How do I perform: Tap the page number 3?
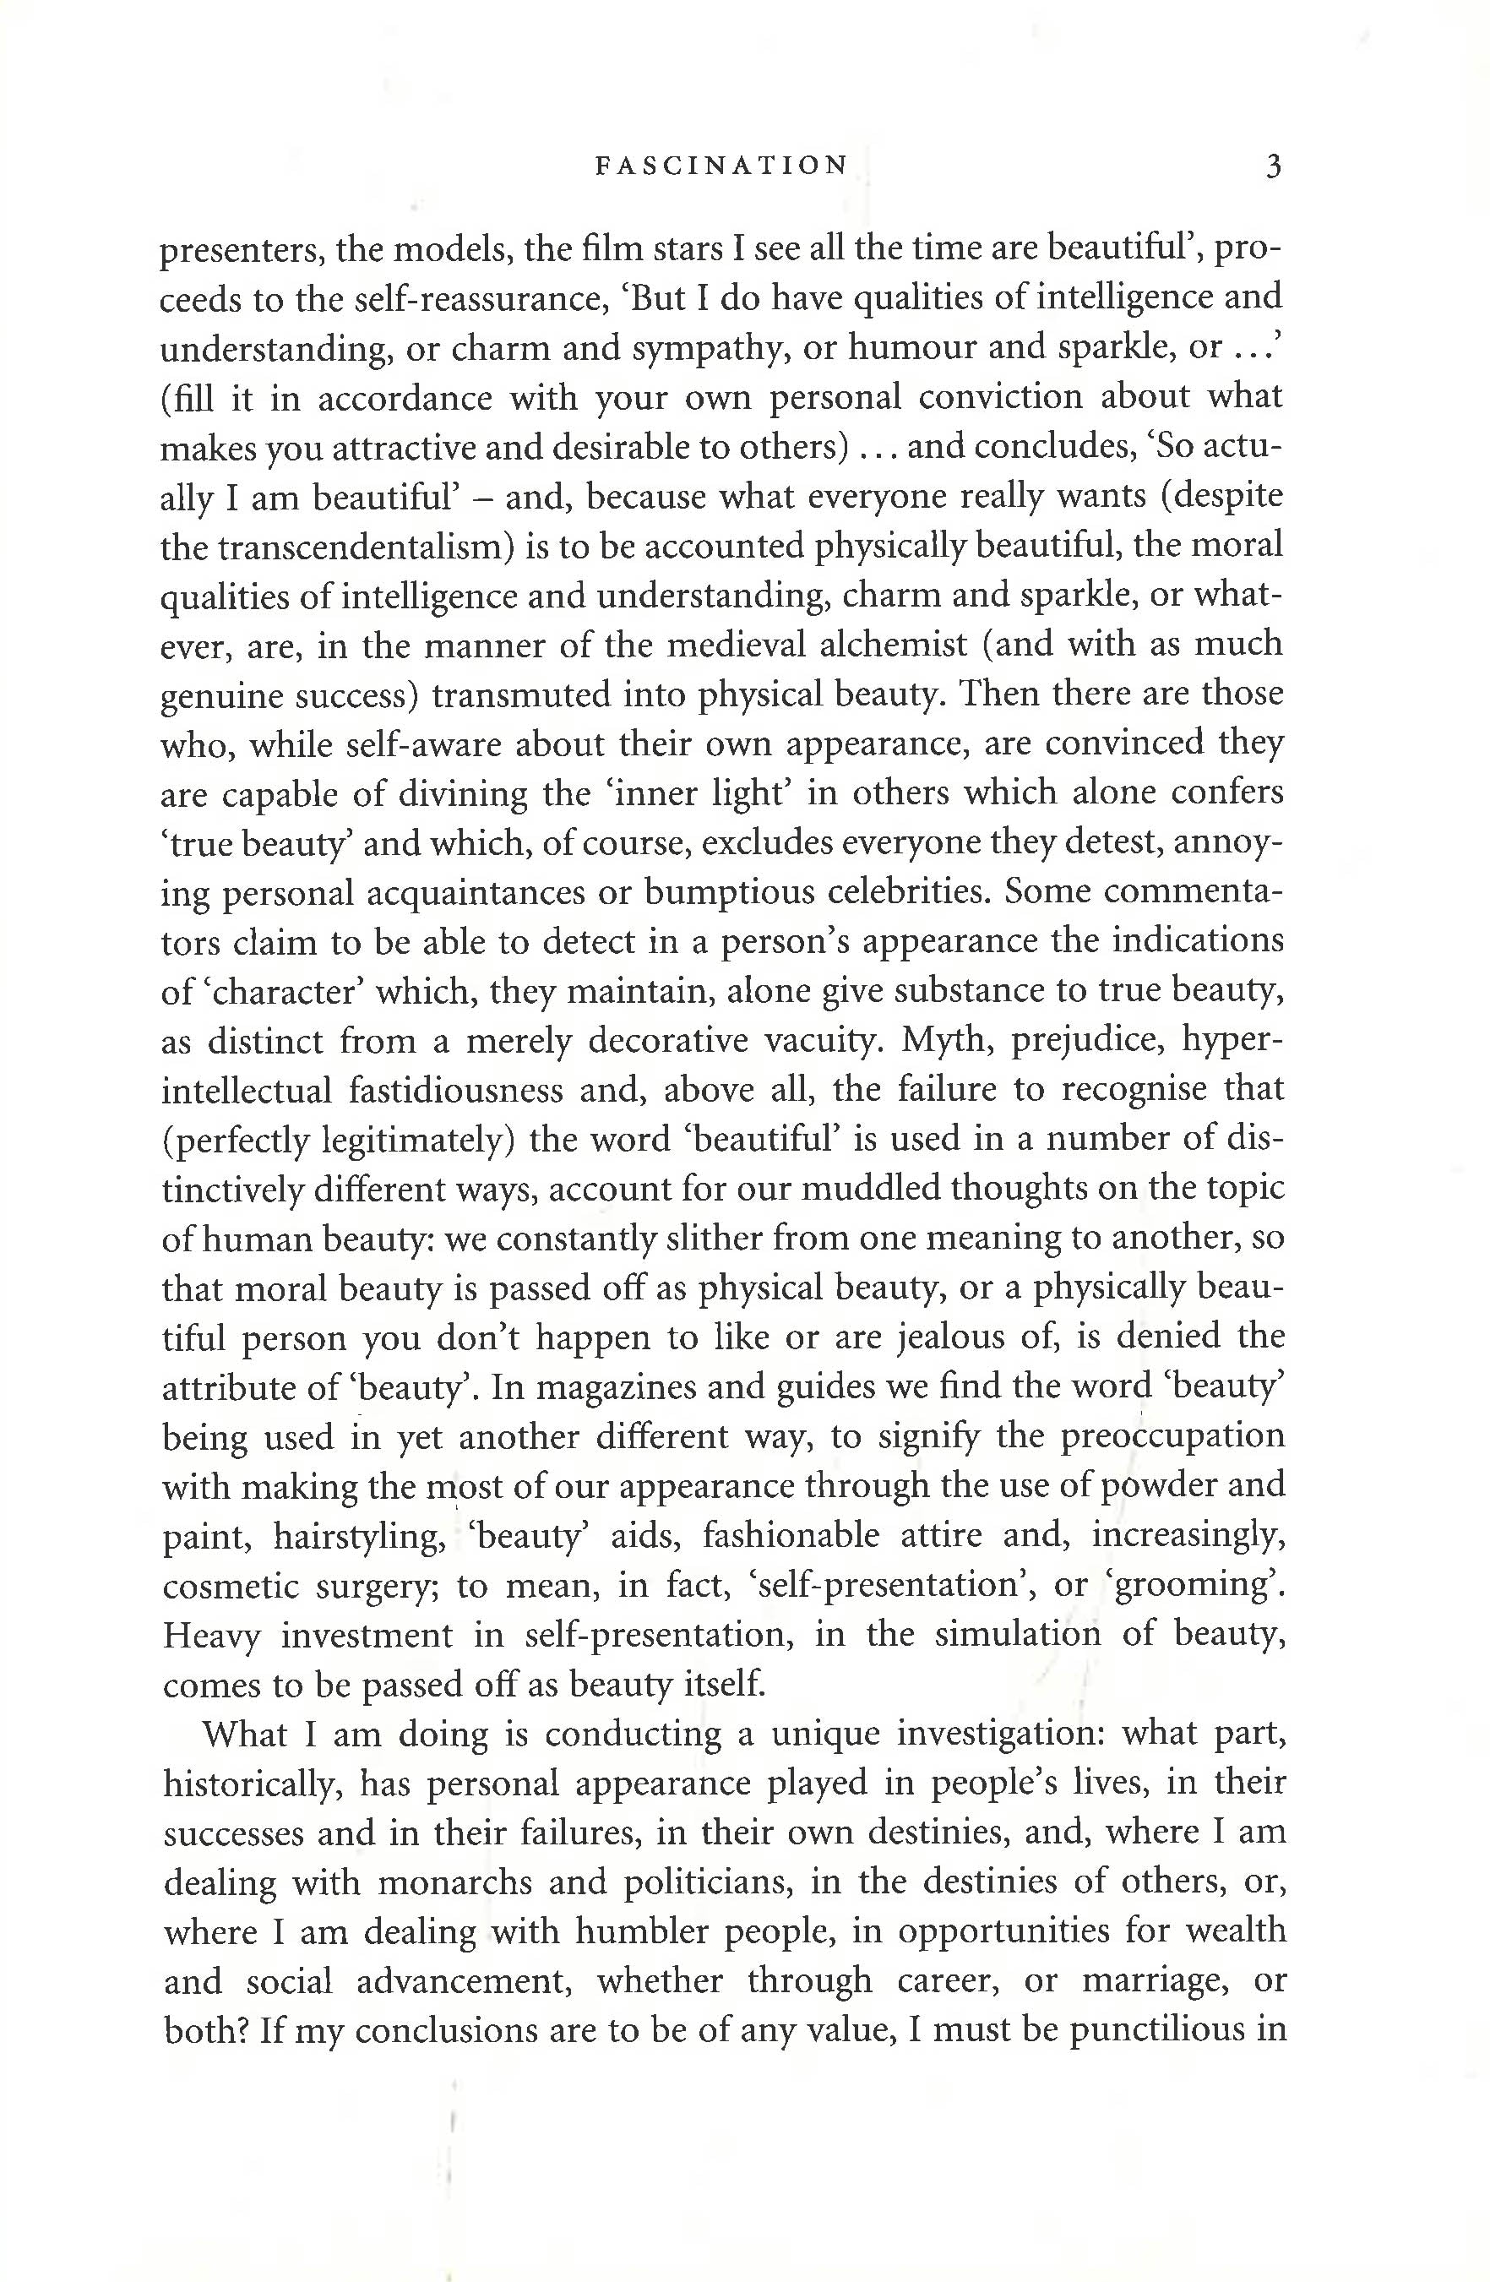(1272, 166)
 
